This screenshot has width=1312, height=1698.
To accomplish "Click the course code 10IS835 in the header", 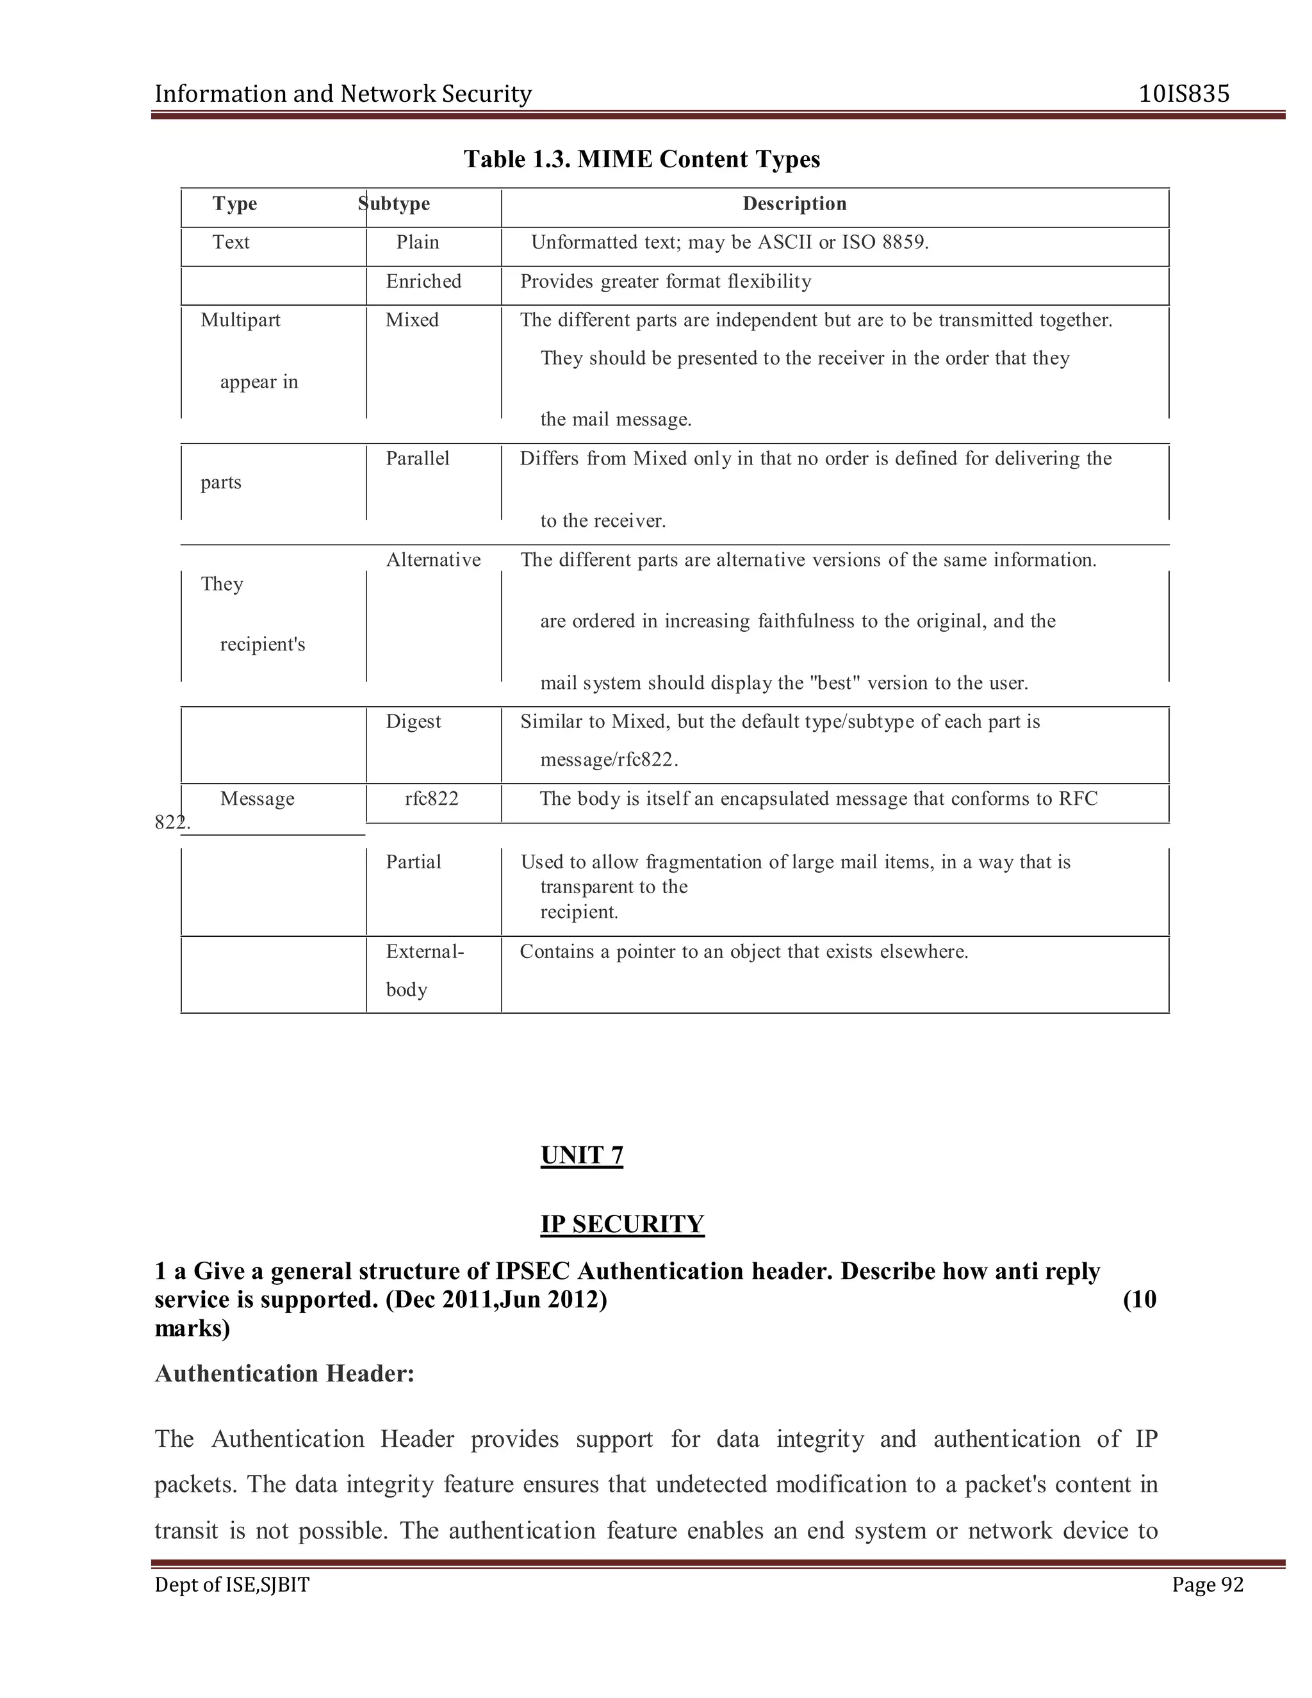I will (1184, 94).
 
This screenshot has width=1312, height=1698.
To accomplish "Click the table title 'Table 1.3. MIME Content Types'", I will (642, 160).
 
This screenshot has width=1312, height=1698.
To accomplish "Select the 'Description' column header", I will (794, 204).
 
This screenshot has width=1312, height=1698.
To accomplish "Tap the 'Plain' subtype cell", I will (418, 243).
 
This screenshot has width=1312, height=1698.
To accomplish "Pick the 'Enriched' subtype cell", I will (423, 281).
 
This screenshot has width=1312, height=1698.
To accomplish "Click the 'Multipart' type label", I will (240, 320).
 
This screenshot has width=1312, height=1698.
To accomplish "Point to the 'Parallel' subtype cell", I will (418, 459).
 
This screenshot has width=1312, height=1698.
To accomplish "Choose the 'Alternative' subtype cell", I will (433, 560).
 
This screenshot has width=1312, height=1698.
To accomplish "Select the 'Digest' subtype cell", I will (413, 721).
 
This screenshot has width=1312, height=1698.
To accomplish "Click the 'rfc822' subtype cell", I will (431, 798).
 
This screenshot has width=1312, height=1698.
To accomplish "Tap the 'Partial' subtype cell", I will (413, 861).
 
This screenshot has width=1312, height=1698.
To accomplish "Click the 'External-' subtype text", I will (424, 952).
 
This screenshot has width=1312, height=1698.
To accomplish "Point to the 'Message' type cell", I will (258, 798).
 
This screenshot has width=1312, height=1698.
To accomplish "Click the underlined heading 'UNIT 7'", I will (582, 1155).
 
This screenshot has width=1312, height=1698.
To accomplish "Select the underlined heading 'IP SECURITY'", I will (622, 1224).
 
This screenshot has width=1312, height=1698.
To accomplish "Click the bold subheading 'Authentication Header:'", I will (284, 1374).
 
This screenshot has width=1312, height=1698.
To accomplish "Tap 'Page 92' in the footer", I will (1207, 1585).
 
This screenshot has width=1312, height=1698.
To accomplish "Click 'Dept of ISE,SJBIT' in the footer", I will (232, 1585).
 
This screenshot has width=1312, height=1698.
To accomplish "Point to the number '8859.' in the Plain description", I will (905, 243).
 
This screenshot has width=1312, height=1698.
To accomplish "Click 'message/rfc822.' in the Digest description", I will (609, 759).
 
